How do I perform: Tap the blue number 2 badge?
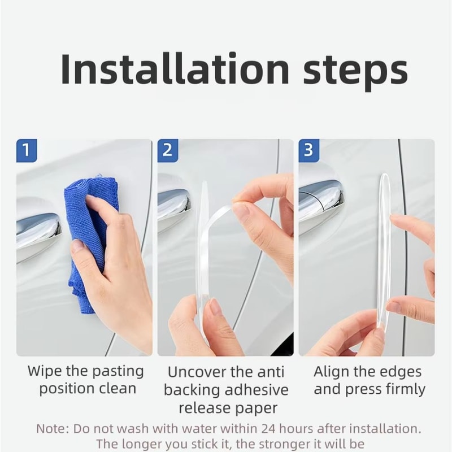coord(168,151)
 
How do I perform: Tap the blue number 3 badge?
coord(309,151)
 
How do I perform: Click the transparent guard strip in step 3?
coord(384,249)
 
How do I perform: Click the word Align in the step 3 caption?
coord(332,372)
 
